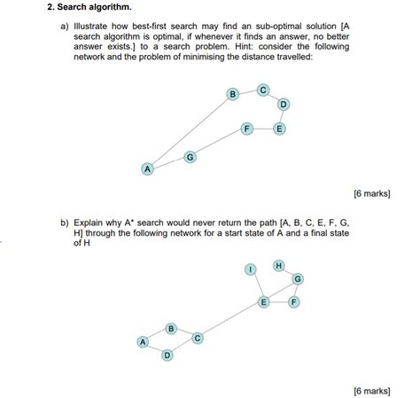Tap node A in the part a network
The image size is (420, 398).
click(148, 168)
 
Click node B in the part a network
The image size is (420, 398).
click(233, 94)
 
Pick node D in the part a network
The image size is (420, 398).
click(284, 105)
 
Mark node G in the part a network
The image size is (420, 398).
click(190, 157)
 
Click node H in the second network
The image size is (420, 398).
click(278, 265)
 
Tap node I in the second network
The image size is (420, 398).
click(251, 269)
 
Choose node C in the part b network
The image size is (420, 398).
click(198, 338)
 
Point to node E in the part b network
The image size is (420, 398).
click(263, 302)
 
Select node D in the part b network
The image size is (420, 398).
click(167, 355)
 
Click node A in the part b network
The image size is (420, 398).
click(142, 341)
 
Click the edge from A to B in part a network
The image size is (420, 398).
click(190, 131)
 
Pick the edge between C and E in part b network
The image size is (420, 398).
click(230, 320)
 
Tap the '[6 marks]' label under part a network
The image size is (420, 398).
click(371, 191)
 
